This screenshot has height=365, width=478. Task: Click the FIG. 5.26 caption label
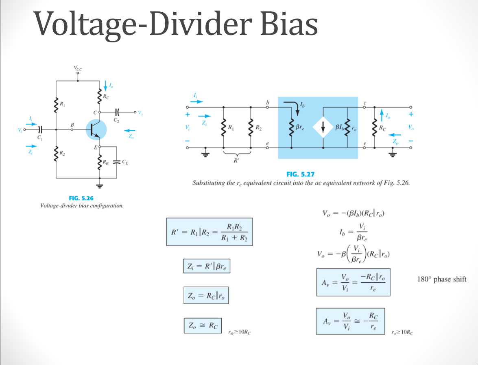click(82, 198)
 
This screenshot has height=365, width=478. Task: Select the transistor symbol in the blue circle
click(96, 130)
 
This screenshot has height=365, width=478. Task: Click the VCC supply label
click(78, 69)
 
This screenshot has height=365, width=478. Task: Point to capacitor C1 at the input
click(40, 130)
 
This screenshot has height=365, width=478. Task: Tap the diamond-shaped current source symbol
click(323, 128)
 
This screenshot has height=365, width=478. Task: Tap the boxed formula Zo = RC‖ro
click(206, 296)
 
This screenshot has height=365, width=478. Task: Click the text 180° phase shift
click(441, 279)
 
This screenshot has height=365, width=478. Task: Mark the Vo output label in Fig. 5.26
click(140, 112)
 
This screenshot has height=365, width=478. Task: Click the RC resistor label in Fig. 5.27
click(382, 128)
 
